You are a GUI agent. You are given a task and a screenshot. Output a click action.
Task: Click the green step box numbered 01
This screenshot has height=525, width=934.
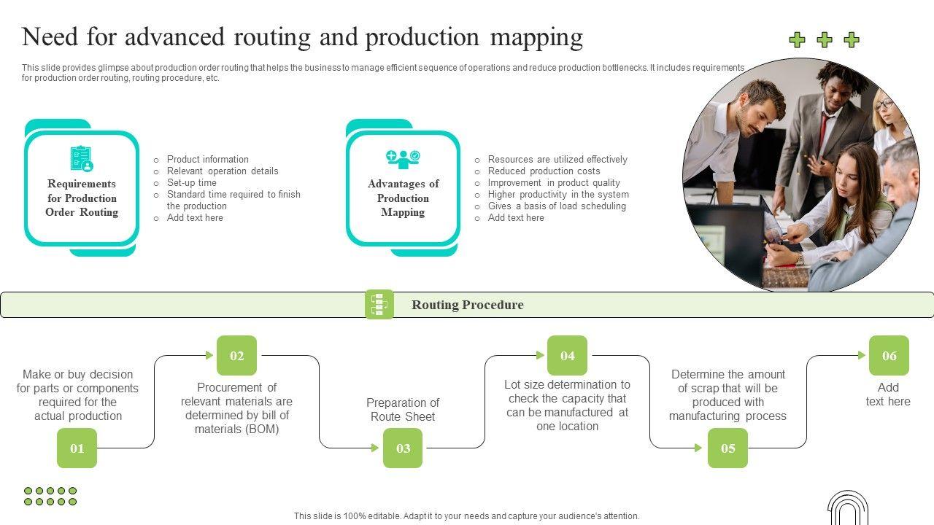[x=77, y=448]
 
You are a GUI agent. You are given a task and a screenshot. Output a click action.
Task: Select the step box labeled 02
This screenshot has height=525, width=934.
[x=237, y=356]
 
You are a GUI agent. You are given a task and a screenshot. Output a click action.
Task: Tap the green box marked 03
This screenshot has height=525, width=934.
[x=403, y=448]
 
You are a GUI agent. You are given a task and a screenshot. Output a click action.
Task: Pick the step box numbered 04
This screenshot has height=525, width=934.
[x=567, y=356]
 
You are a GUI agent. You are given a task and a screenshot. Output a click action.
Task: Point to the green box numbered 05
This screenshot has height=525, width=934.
[x=727, y=448]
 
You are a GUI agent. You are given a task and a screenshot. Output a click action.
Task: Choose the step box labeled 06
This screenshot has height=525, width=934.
[x=889, y=356]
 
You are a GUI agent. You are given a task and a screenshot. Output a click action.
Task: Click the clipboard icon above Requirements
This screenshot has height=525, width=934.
[x=82, y=158]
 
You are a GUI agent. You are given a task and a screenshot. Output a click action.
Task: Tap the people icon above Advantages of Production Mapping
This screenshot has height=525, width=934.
[x=403, y=158]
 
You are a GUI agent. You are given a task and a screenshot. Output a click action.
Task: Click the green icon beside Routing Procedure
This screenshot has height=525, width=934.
[x=379, y=304]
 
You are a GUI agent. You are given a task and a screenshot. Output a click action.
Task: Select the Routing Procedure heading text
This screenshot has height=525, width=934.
[x=467, y=305]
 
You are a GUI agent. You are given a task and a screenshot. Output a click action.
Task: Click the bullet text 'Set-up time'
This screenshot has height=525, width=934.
[x=191, y=183]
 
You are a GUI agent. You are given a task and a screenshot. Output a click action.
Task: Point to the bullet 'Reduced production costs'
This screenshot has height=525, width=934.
[x=544, y=171]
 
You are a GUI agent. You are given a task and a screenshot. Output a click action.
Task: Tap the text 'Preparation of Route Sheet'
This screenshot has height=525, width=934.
[x=403, y=410]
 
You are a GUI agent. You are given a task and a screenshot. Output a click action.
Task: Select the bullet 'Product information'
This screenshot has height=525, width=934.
[x=207, y=160]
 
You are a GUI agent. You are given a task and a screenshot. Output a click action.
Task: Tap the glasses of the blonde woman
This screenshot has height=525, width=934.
[x=884, y=104]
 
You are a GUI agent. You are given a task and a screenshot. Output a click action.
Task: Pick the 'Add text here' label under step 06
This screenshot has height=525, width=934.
[x=888, y=394]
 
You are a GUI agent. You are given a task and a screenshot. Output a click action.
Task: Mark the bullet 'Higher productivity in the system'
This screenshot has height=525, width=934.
[x=558, y=195]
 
